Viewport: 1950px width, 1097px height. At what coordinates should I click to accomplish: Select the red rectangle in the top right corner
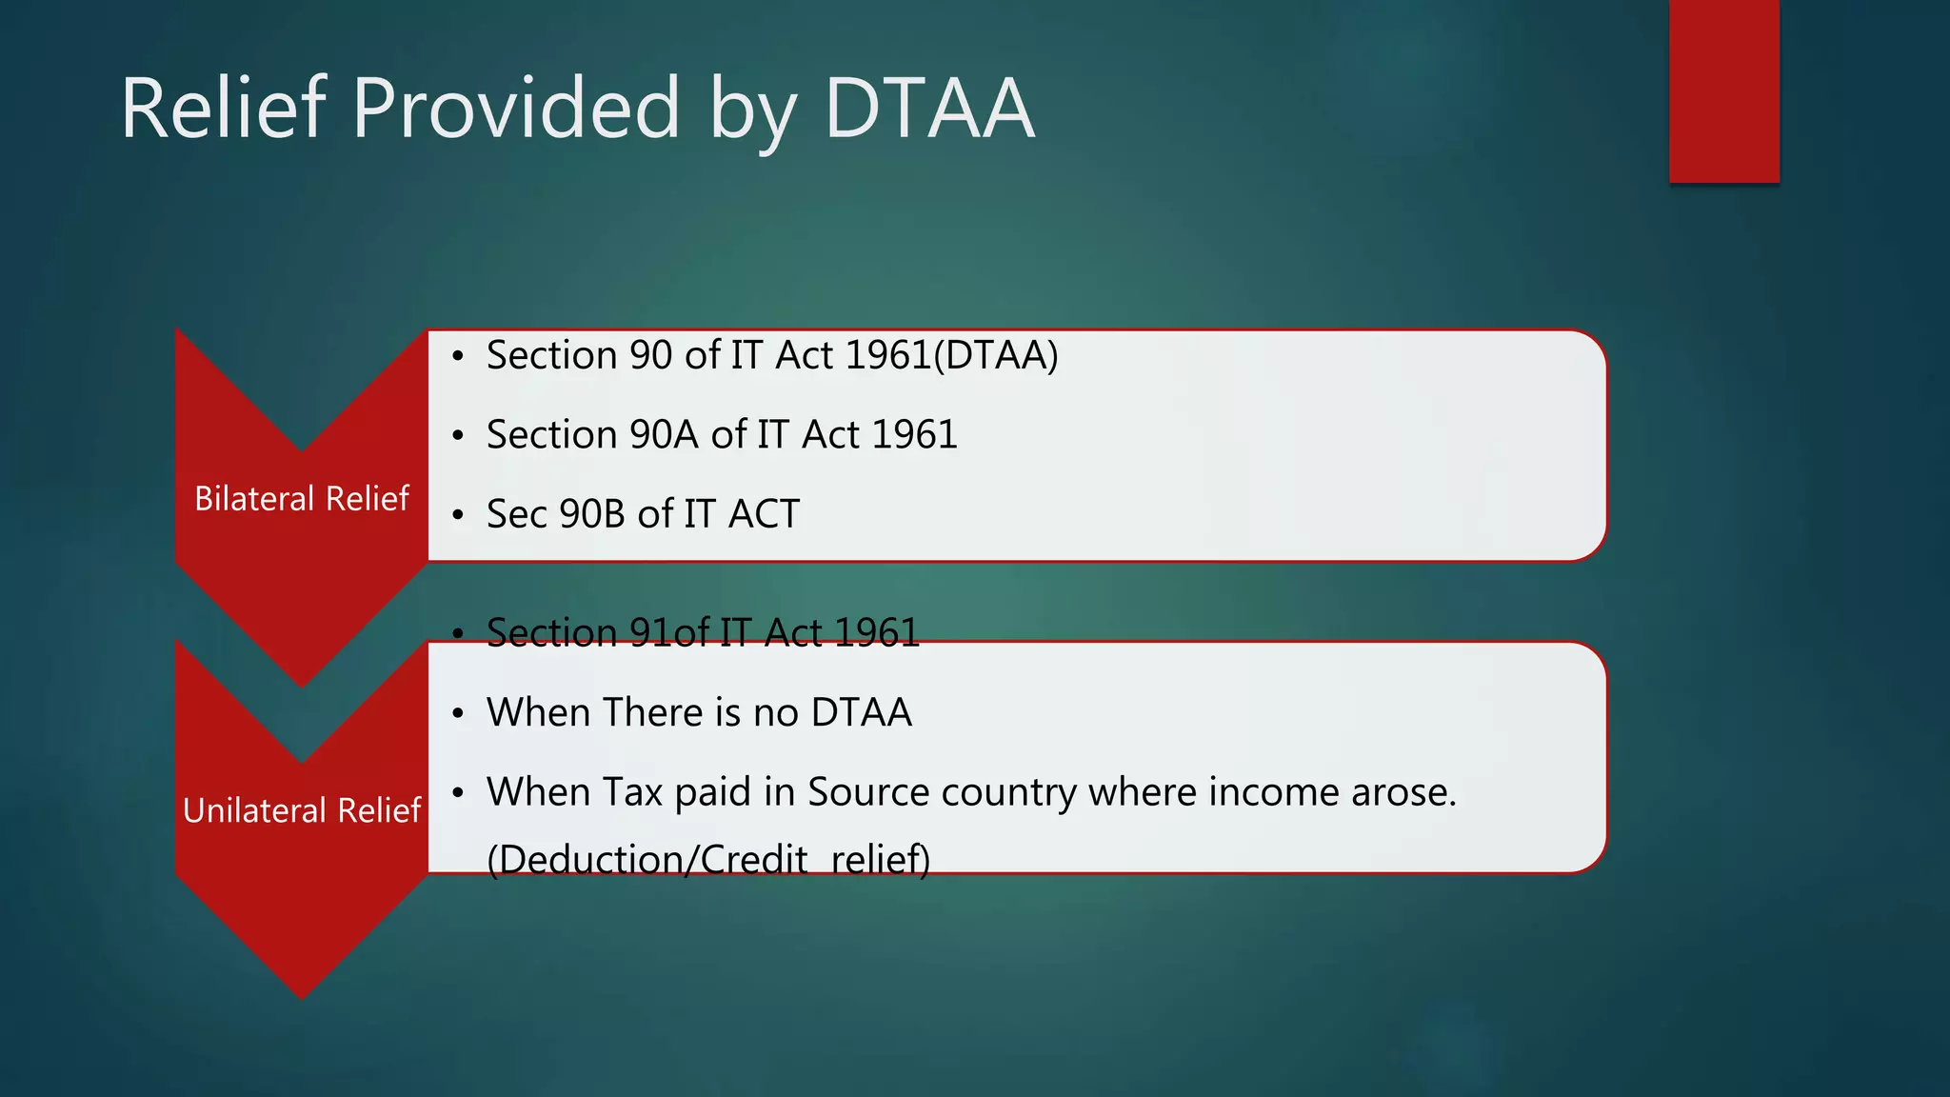(1723, 90)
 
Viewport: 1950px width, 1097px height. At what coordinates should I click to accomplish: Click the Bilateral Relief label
(302, 498)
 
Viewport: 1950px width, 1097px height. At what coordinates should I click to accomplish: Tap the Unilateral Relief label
(302, 810)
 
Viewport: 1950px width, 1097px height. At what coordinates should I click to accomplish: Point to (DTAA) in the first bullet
(996, 355)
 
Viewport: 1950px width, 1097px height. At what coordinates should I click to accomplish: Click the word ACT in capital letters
(764, 514)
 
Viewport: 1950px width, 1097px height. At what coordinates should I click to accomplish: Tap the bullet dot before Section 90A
(458, 436)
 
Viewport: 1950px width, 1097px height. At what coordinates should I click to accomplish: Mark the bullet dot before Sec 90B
(458, 515)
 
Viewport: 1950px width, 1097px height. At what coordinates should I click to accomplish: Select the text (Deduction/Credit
(647, 859)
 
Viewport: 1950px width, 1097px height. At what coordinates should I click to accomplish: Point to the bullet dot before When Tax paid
(458, 792)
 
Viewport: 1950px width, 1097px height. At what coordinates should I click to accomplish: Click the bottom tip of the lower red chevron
(302, 994)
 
